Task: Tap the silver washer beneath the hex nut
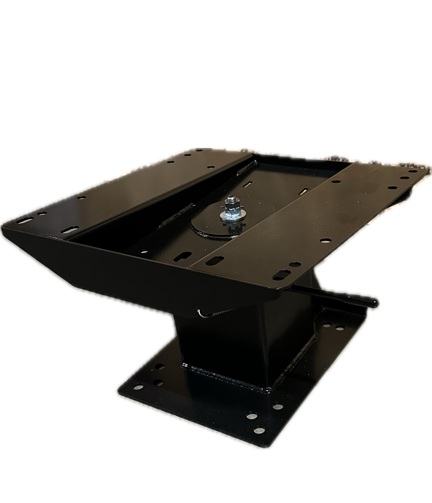(x=229, y=216)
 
